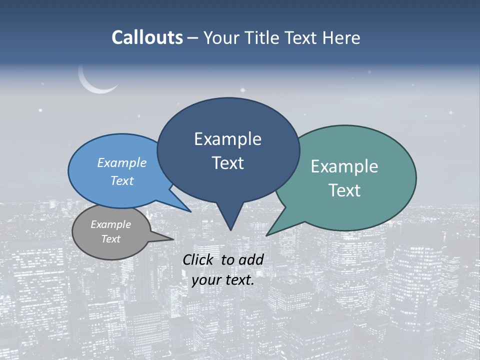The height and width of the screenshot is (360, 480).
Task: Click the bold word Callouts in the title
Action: (147, 37)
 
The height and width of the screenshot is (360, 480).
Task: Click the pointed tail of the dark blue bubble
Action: (230, 220)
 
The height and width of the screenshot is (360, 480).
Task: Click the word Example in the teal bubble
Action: (344, 166)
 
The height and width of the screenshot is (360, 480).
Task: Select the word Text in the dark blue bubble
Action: (228, 163)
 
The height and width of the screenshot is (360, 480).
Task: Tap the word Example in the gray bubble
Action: (111, 224)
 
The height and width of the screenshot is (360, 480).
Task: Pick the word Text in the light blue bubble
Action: (122, 180)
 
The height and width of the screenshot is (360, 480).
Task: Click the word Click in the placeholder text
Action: (199, 259)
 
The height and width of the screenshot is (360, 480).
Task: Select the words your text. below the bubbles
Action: (223, 280)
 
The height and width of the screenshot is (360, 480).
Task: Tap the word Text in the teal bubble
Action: (344, 190)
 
